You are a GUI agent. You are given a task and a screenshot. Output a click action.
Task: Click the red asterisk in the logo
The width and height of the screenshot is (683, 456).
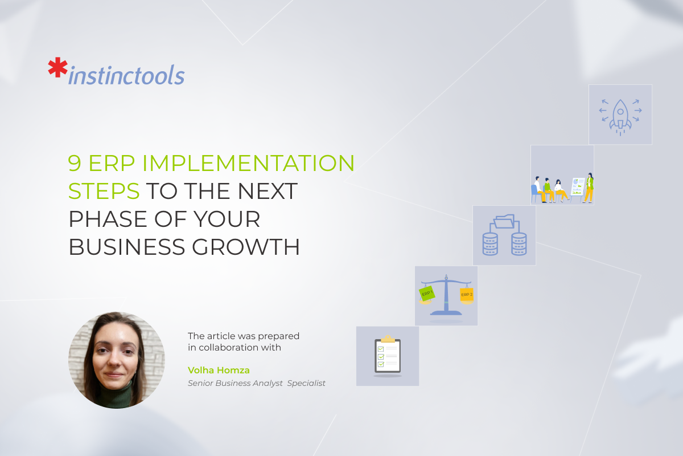(x=57, y=67)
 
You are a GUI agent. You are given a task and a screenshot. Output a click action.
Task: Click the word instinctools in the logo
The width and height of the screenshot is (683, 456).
(x=126, y=75)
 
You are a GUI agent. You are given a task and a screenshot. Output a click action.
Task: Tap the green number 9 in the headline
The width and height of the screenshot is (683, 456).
(x=75, y=163)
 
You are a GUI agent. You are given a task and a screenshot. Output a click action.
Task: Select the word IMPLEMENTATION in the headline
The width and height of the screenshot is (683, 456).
(x=248, y=163)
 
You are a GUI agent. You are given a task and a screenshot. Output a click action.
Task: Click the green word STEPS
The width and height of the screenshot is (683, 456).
(x=104, y=191)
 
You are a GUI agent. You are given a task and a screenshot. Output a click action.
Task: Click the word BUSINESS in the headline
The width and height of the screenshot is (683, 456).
(x=127, y=247)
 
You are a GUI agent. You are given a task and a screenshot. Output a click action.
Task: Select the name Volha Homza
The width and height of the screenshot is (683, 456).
(x=219, y=370)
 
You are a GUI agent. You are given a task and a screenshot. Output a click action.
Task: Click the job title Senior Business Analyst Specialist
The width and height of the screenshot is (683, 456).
(x=257, y=383)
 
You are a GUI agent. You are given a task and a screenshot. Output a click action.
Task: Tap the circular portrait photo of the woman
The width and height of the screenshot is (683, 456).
(x=117, y=360)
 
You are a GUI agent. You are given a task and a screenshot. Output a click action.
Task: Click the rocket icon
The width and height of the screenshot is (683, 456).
(x=620, y=117)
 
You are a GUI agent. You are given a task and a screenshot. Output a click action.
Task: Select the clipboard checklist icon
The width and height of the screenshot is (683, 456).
(x=388, y=355)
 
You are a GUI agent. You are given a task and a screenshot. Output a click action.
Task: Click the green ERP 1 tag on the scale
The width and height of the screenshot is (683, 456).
(x=427, y=294)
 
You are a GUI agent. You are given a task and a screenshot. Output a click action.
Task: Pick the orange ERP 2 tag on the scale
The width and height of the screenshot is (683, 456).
(x=467, y=295)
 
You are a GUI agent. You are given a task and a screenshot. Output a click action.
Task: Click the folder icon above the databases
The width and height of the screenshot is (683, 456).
(x=504, y=221)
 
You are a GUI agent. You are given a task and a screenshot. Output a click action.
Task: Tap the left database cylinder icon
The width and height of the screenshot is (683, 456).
(x=490, y=244)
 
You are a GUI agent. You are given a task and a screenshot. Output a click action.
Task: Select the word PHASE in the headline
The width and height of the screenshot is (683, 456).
(x=108, y=219)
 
